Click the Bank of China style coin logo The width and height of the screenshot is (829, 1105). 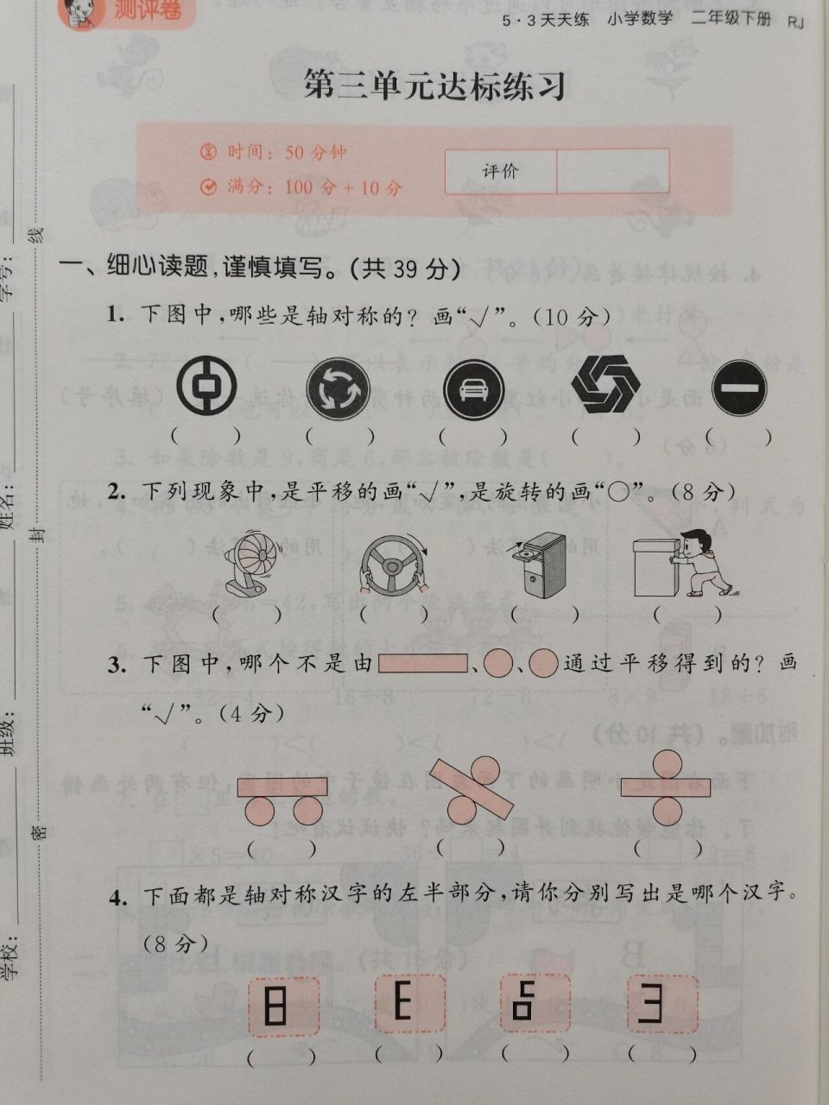click(x=206, y=386)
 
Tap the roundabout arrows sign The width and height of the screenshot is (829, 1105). click(x=338, y=388)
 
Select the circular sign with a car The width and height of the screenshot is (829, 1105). click(x=472, y=388)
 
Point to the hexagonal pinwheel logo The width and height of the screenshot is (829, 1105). click(x=605, y=384)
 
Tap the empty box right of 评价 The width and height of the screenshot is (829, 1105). click(x=612, y=171)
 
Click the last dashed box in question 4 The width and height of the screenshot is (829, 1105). click(x=662, y=1005)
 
